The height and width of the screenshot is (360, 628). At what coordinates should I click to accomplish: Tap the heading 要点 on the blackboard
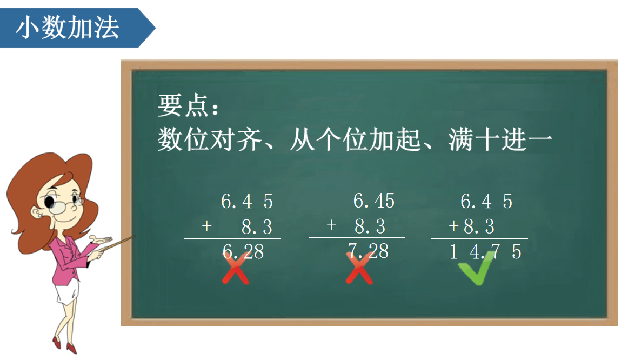tap(183, 105)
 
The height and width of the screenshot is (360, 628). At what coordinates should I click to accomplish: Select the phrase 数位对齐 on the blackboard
tap(210, 139)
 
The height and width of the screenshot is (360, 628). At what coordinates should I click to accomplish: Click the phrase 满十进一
tap(500, 139)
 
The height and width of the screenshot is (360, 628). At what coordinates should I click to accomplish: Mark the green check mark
tap(476, 268)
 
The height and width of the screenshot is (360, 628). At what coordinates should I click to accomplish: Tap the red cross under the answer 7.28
tap(359, 269)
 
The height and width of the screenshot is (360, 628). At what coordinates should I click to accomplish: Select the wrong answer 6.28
tap(243, 251)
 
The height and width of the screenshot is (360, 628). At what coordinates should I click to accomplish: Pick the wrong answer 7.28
tap(368, 251)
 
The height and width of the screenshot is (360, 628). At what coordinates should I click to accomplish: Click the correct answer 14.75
tap(485, 251)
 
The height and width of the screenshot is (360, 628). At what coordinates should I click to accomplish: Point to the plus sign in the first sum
tap(206, 226)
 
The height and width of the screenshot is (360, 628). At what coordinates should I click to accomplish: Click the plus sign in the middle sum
tap(331, 225)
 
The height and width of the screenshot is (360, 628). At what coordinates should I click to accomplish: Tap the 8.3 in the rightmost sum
tap(479, 226)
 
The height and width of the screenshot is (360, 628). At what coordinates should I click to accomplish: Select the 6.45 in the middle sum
tap(373, 201)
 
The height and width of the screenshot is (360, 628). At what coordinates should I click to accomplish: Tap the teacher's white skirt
tap(67, 291)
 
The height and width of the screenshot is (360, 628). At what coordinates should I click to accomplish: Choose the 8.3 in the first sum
tap(257, 226)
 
